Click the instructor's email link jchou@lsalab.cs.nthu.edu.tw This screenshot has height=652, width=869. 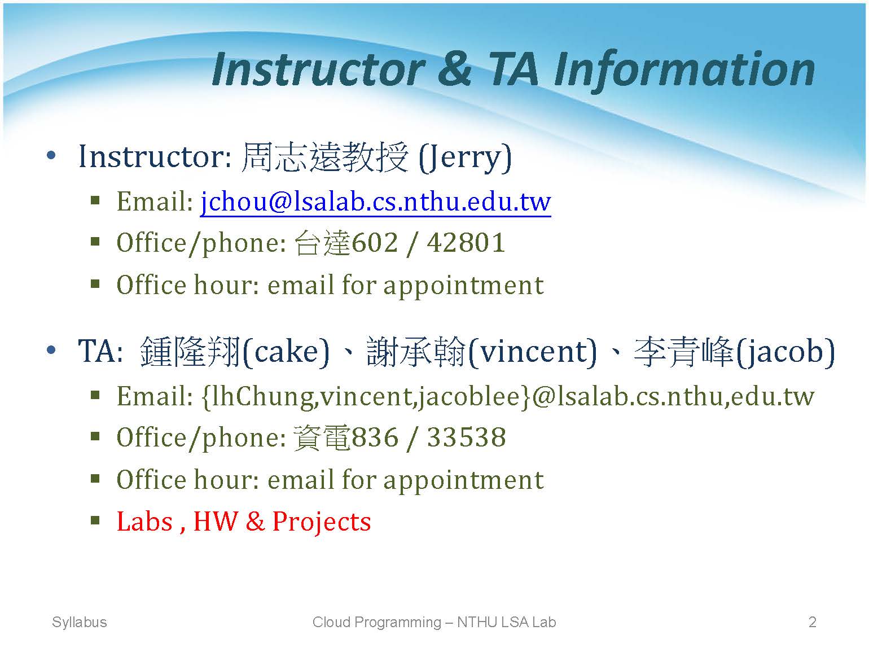375,202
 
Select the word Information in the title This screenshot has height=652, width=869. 684,71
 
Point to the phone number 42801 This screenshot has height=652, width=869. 466,242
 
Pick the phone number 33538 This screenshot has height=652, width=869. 466,437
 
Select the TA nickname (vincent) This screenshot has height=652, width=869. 532,352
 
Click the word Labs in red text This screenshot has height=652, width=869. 145,522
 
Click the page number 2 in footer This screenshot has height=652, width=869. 813,622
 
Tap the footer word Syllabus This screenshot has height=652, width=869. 79,622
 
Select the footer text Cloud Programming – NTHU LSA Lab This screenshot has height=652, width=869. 434,622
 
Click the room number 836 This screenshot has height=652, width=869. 375,437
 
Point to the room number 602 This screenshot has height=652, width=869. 375,242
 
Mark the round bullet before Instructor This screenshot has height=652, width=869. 51,156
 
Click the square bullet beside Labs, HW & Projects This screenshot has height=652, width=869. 95,519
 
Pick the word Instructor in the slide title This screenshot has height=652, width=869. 318,69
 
